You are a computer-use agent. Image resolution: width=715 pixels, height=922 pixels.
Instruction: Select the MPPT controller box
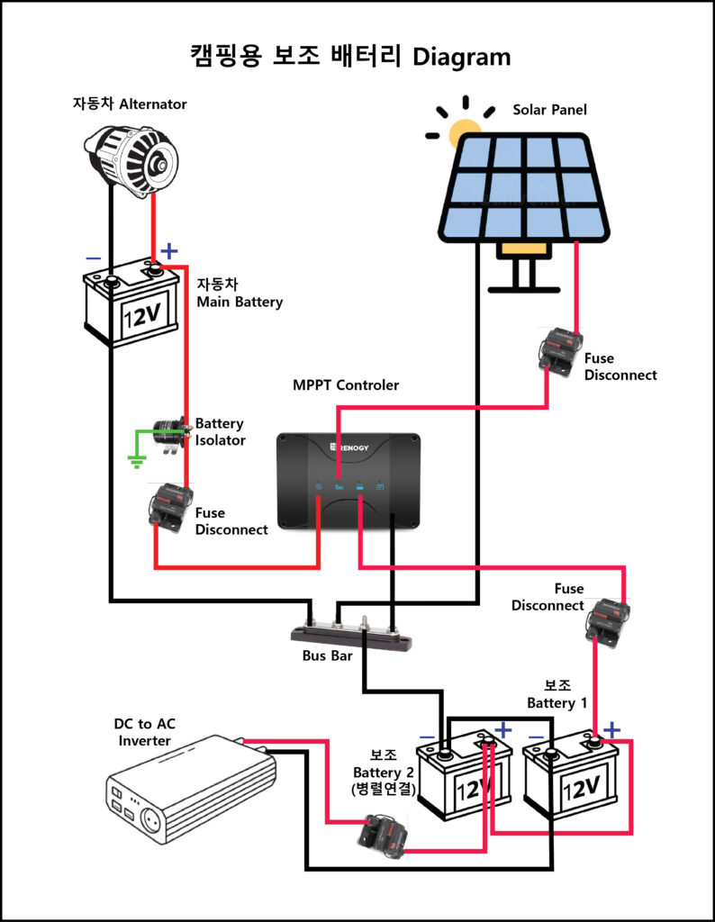pyautogui.click(x=349, y=481)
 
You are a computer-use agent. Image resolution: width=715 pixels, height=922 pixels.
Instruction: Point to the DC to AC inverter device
pyautogui.click(x=191, y=787)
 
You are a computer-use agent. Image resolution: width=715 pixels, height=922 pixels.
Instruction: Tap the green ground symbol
pyautogui.click(x=137, y=461)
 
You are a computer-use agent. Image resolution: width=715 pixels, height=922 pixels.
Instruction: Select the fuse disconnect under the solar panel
pyautogui.click(x=560, y=352)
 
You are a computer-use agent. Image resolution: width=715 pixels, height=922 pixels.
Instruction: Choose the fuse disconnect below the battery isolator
pyautogui.click(x=170, y=507)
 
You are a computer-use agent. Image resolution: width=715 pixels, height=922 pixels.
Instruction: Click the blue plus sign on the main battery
pyautogui.click(x=169, y=251)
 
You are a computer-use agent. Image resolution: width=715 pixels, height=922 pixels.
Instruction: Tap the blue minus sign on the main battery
pyautogui.click(x=94, y=258)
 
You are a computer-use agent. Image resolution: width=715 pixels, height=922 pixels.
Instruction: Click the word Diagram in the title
pyautogui.click(x=462, y=57)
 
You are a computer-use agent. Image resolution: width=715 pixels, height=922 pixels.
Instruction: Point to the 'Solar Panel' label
pyautogui.click(x=550, y=109)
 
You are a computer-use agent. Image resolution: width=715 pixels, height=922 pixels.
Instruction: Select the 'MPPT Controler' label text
pyautogui.click(x=346, y=385)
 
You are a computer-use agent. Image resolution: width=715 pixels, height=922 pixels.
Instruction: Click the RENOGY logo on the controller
pyautogui.click(x=349, y=447)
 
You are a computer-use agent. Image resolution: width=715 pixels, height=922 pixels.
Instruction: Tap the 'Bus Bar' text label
pyautogui.click(x=328, y=655)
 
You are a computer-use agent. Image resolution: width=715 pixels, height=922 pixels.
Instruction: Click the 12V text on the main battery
pyautogui.click(x=141, y=316)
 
